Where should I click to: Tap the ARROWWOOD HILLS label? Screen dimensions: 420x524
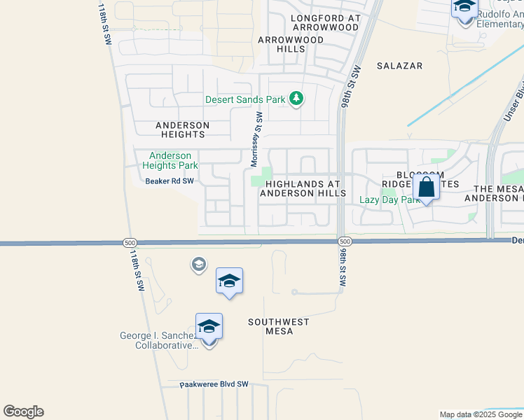pyautogui.click(x=291, y=45)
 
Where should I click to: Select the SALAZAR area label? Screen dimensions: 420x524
pyautogui.click(x=399, y=66)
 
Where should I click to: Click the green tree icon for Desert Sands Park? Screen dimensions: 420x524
pyautogui.click(x=296, y=99)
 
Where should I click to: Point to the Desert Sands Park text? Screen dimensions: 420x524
pyautogui.click(x=245, y=100)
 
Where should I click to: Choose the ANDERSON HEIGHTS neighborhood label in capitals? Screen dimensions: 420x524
pyautogui.click(x=181, y=129)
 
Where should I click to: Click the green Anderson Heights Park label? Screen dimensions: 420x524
pyautogui.click(x=170, y=161)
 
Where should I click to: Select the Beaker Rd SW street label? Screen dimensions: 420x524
pyautogui.click(x=169, y=181)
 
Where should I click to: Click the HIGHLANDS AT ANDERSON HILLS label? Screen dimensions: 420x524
pyautogui.click(x=303, y=188)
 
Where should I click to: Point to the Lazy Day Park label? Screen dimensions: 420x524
pyautogui.click(x=388, y=199)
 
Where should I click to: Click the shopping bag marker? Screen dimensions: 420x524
pyautogui.click(x=426, y=188)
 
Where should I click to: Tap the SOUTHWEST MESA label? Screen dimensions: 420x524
pyautogui.click(x=279, y=327)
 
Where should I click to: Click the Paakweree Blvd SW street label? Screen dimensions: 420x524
pyautogui.click(x=214, y=384)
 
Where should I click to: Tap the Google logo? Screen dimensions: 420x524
pyautogui.click(x=23, y=412)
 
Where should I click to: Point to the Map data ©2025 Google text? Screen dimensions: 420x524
pyautogui.click(x=481, y=414)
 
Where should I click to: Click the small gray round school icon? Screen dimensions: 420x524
pyautogui.click(x=198, y=264)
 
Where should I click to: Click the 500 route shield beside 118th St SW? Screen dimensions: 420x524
pyautogui.click(x=129, y=242)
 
